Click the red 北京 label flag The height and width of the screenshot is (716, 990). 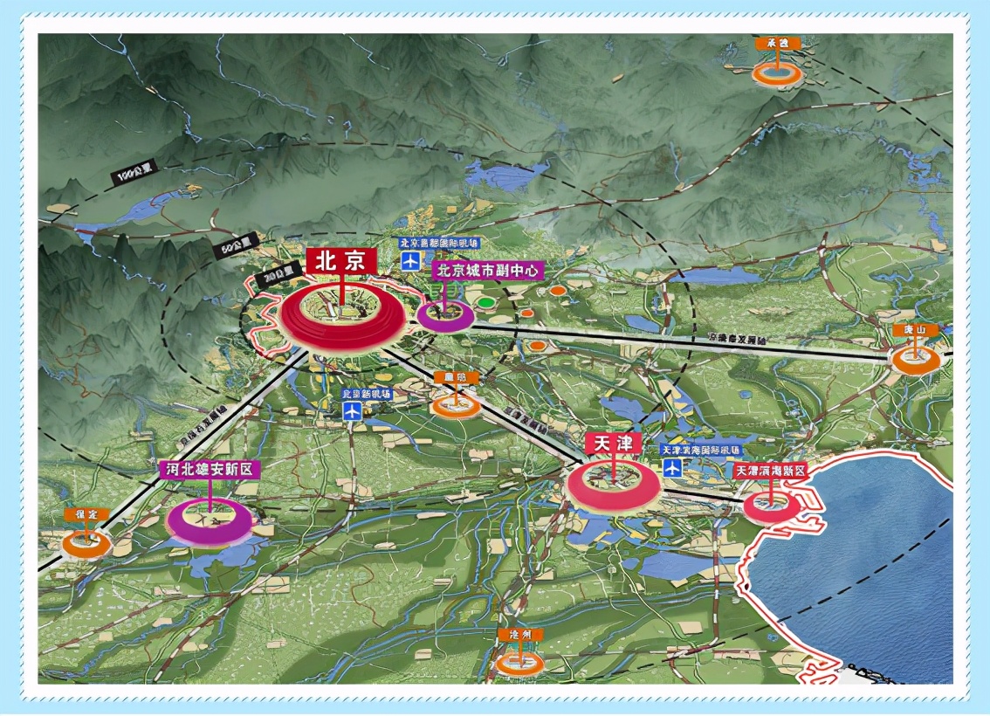click(340, 260)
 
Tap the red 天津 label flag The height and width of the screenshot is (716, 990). click(613, 443)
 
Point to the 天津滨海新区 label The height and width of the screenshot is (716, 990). click(768, 471)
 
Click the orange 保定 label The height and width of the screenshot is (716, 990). click(85, 514)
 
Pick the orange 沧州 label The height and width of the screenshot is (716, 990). click(519, 635)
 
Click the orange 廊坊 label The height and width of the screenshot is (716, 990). click(457, 377)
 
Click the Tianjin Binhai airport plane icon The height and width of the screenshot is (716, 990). click(673, 467)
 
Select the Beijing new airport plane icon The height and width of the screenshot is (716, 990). click(353, 412)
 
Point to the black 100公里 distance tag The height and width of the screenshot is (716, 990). click(132, 174)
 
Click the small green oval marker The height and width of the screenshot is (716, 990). click(485, 303)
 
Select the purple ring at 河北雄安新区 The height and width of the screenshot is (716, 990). click(210, 520)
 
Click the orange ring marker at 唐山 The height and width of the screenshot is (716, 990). click(915, 360)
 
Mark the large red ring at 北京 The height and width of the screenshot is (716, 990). click(342, 320)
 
